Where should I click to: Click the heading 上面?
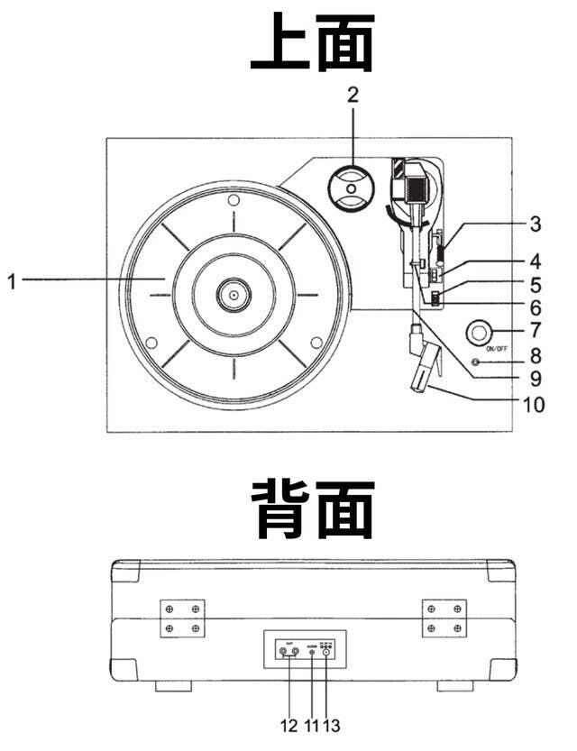tap(311, 44)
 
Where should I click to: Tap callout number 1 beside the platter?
tap(12, 281)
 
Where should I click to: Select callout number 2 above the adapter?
tap(353, 95)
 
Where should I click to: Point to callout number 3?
tap(535, 223)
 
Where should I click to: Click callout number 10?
tap(535, 405)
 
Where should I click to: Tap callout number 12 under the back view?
tap(289, 724)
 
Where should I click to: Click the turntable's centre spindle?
tap(233, 294)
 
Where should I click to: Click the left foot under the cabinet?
tap(173, 686)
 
